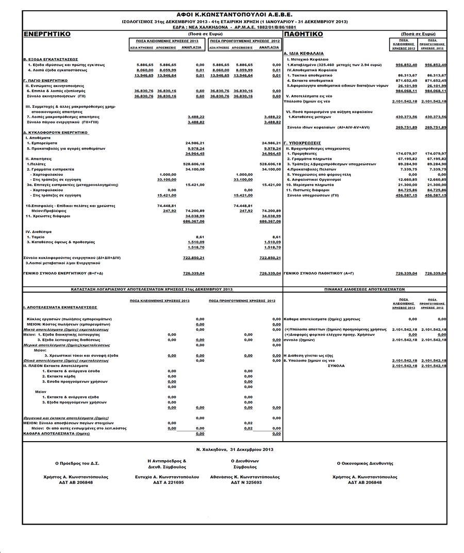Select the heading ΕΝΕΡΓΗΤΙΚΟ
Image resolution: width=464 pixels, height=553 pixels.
[47, 33]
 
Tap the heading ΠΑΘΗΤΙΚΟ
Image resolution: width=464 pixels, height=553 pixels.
[304, 33]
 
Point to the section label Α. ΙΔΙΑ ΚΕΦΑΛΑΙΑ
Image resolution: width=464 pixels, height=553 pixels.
[304, 53]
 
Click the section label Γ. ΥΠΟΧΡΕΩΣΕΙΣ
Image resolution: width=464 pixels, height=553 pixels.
[303, 143]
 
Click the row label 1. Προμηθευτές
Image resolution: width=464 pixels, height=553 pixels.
[301, 154]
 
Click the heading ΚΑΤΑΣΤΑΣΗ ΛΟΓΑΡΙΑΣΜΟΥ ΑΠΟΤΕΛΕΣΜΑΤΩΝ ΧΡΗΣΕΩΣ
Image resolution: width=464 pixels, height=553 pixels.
[152, 290]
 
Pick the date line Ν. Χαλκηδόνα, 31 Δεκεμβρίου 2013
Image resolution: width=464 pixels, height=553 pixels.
[235, 450]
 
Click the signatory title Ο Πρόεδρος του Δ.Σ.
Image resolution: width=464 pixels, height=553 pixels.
[76, 464]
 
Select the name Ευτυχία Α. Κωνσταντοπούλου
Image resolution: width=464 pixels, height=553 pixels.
[163, 477]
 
